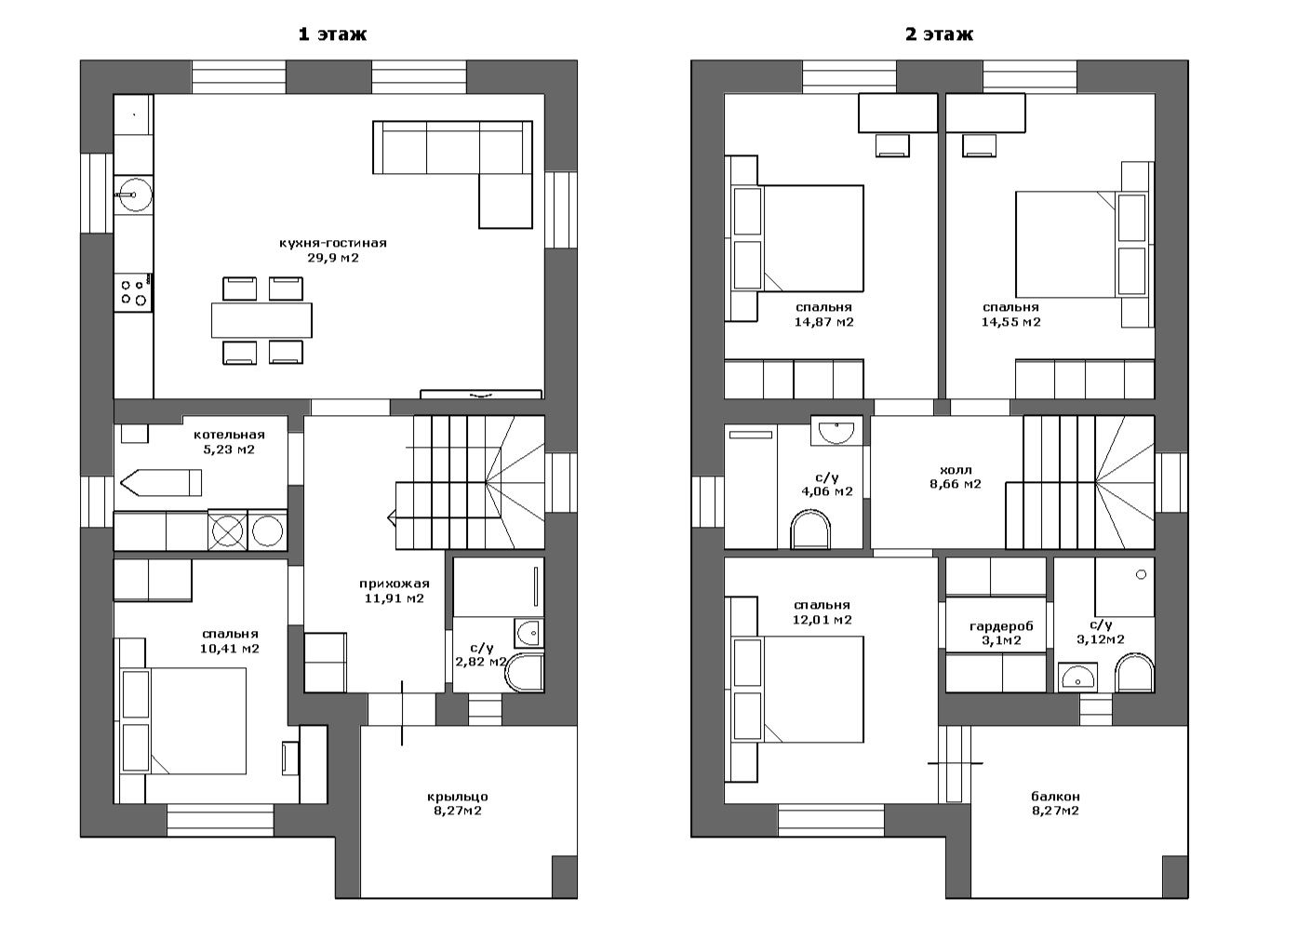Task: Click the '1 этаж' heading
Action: (x=332, y=34)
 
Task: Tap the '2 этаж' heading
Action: (x=939, y=34)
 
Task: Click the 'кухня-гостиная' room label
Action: (x=333, y=243)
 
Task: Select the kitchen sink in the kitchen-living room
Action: (x=134, y=193)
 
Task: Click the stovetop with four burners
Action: (x=134, y=292)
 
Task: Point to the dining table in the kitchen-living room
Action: (x=261, y=320)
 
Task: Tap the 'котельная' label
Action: (x=229, y=435)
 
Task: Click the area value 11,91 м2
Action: (x=394, y=598)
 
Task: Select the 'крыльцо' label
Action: (x=458, y=797)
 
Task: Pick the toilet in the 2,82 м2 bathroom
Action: (x=525, y=672)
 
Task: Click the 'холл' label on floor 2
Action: (x=956, y=470)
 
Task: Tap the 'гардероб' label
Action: (x=1001, y=626)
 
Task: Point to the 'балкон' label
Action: (x=1056, y=796)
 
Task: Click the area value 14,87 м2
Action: (x=823, y=322)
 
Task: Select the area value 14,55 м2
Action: (x=1010, y=322)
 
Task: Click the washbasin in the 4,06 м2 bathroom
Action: (x=836, y=431)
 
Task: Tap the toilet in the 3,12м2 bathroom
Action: (x=1134, y=673)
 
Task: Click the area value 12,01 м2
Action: (x=822, y=620)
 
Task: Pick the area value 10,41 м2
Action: (x=229, y=648)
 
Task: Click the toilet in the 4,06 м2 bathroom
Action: (x=810, y=530)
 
